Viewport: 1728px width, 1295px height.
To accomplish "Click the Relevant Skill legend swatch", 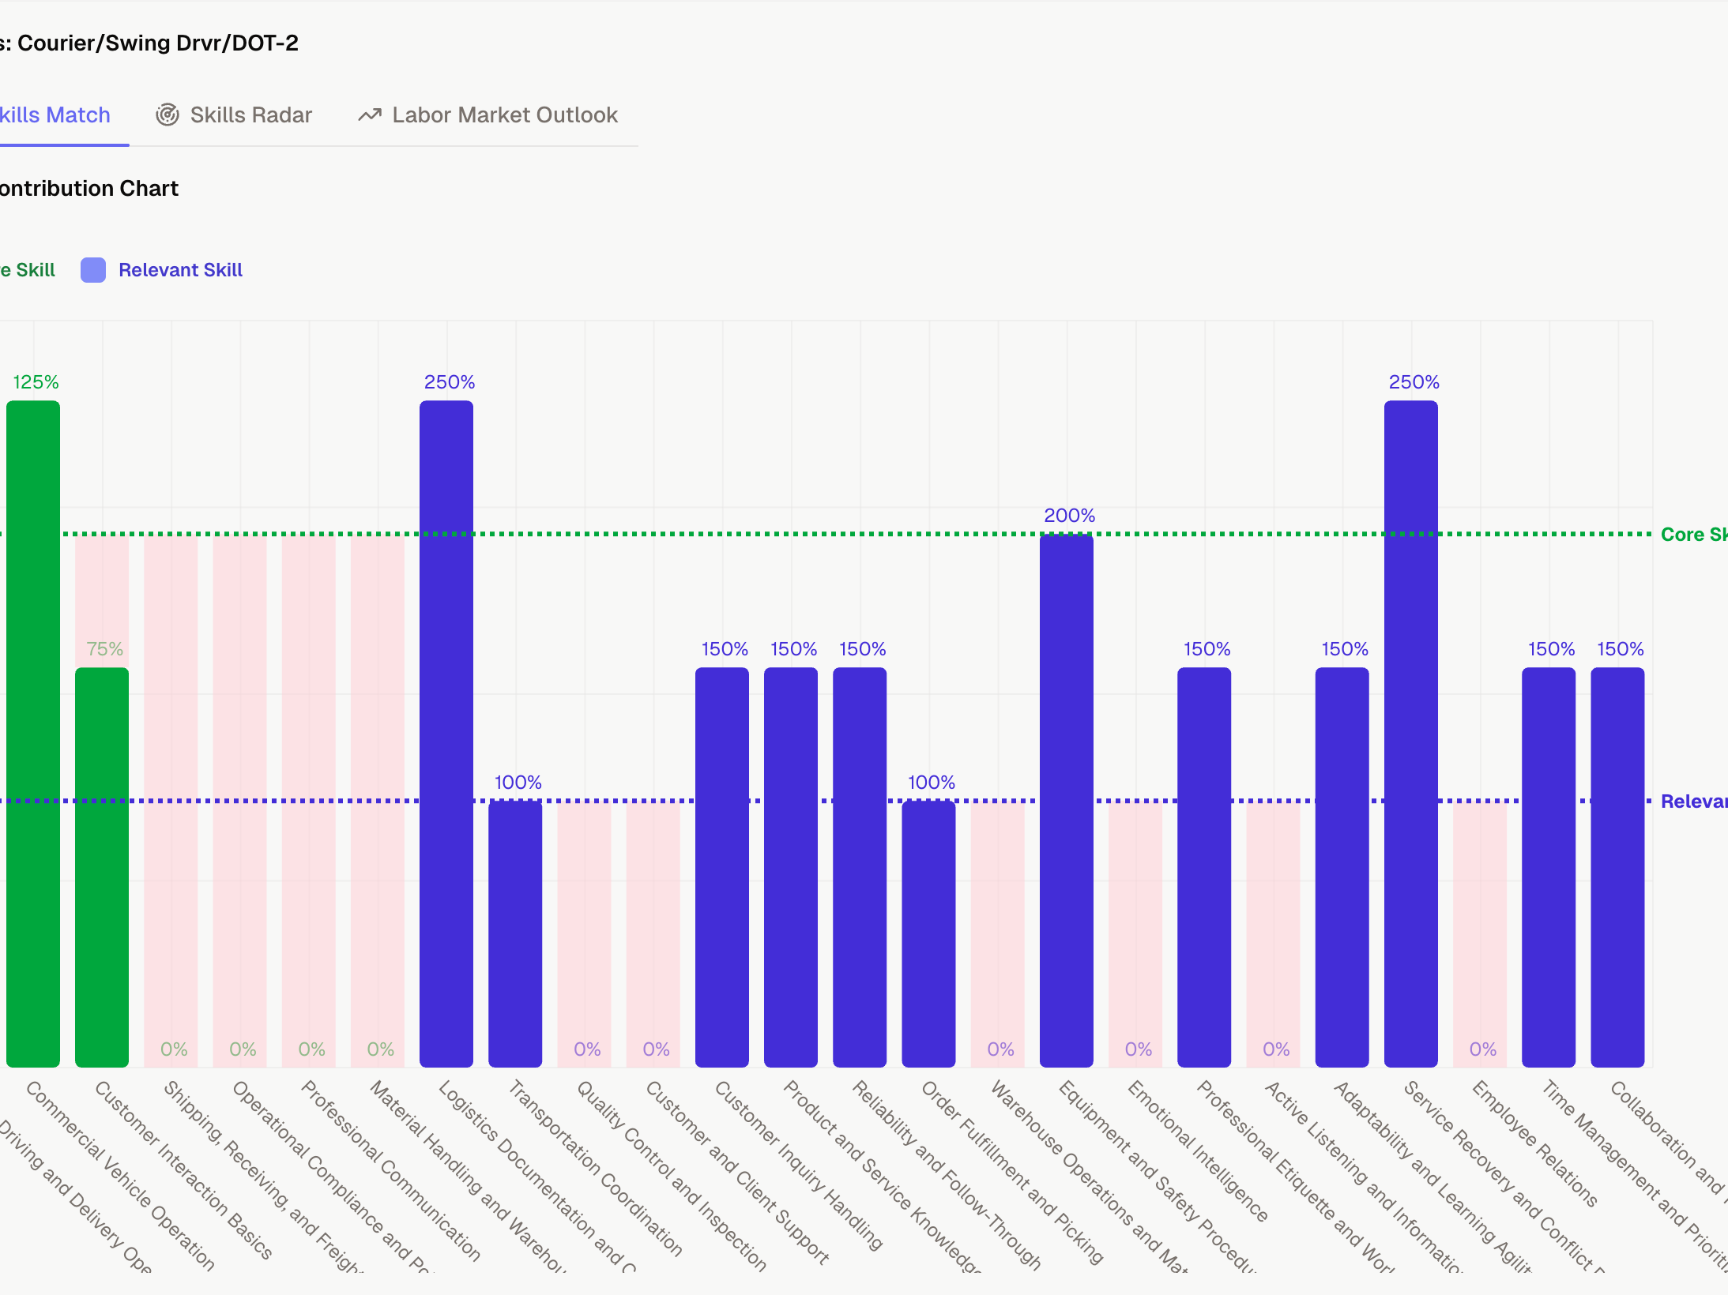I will pos(93,270).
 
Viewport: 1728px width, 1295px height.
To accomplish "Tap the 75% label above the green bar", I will pos(104,649).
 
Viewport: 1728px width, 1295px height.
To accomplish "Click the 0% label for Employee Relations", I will pos(1482,1049).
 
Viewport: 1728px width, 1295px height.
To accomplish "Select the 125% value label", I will pos(36,382).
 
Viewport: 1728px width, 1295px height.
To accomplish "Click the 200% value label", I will pos(1069,516).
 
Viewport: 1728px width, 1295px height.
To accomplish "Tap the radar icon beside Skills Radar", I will pos(168,115).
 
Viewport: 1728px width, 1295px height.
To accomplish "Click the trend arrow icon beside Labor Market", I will pos(370,115).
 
